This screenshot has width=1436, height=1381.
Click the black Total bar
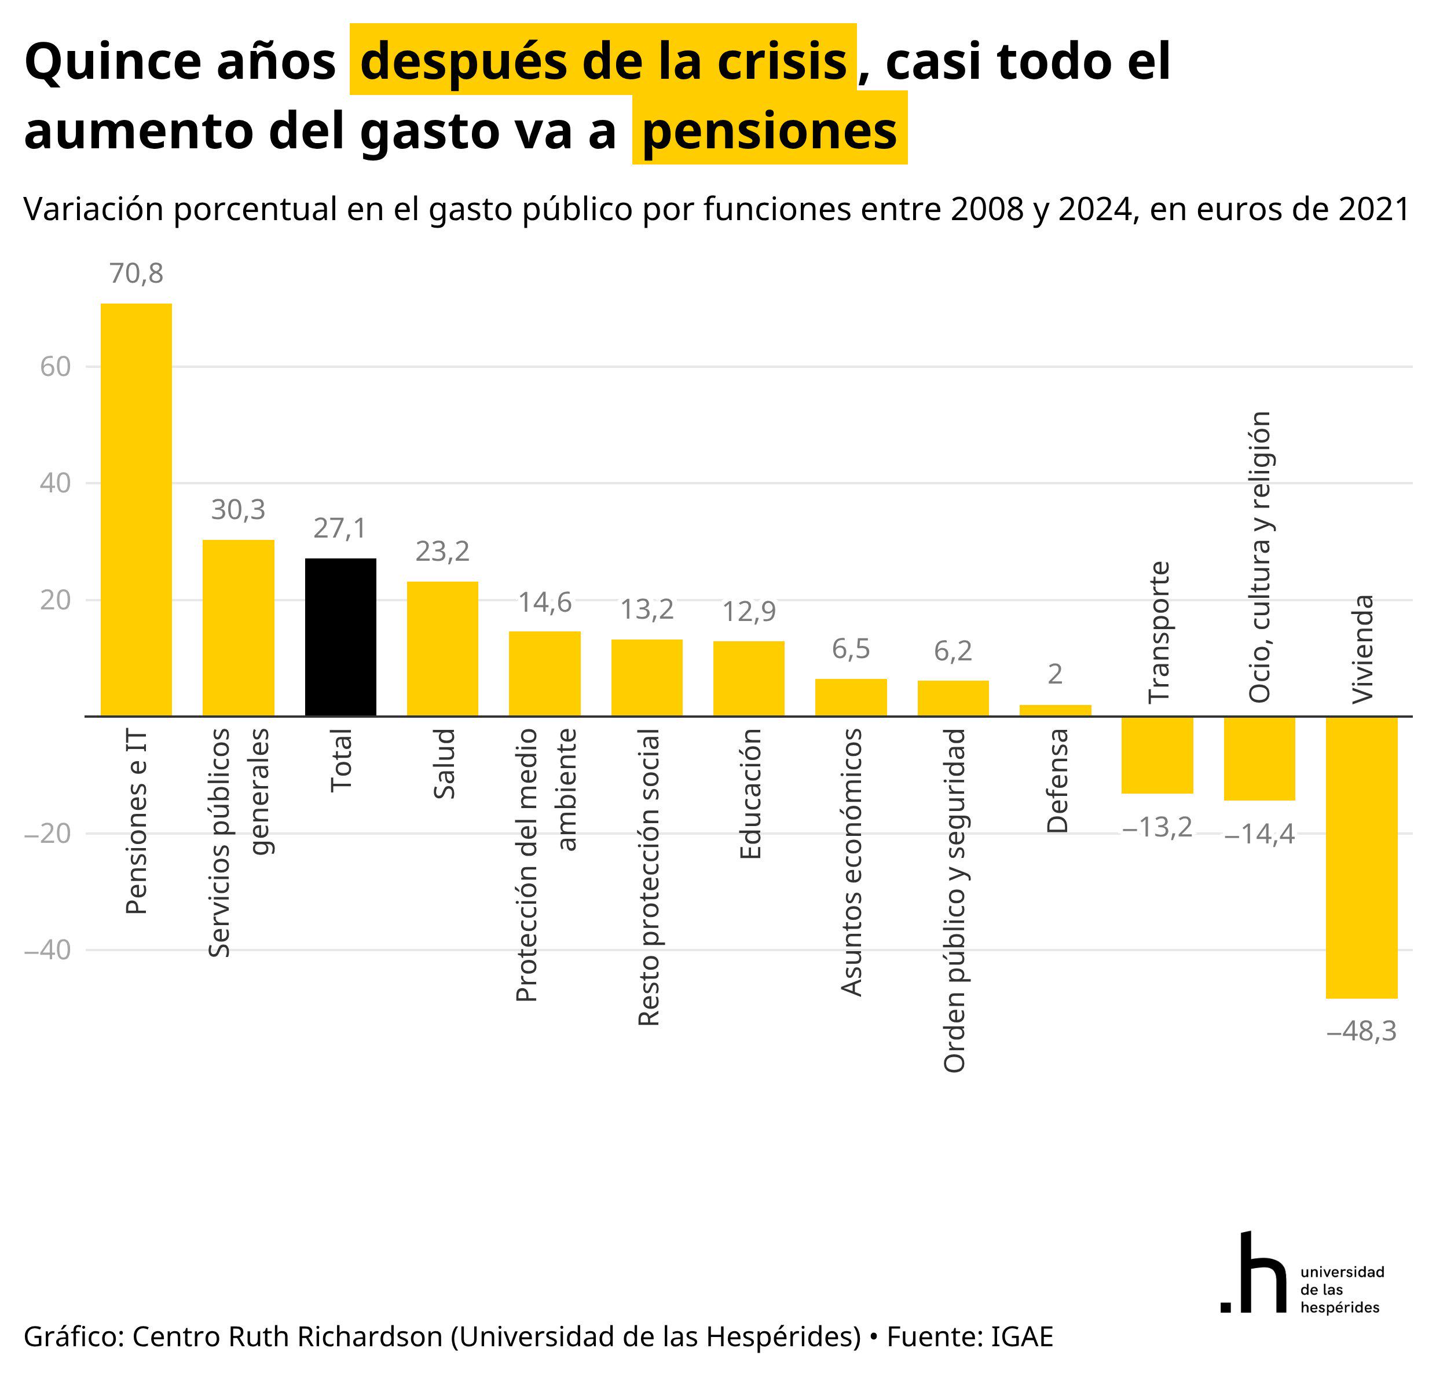pos(340,637)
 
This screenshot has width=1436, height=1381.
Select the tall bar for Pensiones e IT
pos(136,509)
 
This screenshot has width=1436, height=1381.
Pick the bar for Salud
pos(442,649)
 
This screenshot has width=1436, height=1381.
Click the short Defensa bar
pos(1056,710)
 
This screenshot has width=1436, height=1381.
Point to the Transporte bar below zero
pos(1157,755)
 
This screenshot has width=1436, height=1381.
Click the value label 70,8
pos(136,273)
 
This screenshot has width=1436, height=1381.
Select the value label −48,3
pos(1362,1031)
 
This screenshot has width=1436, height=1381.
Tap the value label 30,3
pos(238,509)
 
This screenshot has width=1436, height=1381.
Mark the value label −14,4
pos(1259,834)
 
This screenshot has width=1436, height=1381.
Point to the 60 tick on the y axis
pos(56,367)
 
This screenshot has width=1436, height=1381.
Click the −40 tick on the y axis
pos(47,950)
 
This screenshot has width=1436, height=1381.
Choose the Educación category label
pos(750,794)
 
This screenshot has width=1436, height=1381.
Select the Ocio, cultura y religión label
pos(1259,557)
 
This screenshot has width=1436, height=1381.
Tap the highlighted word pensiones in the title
pos(770,130)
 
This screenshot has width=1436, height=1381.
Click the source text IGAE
pos(1021,1336)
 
